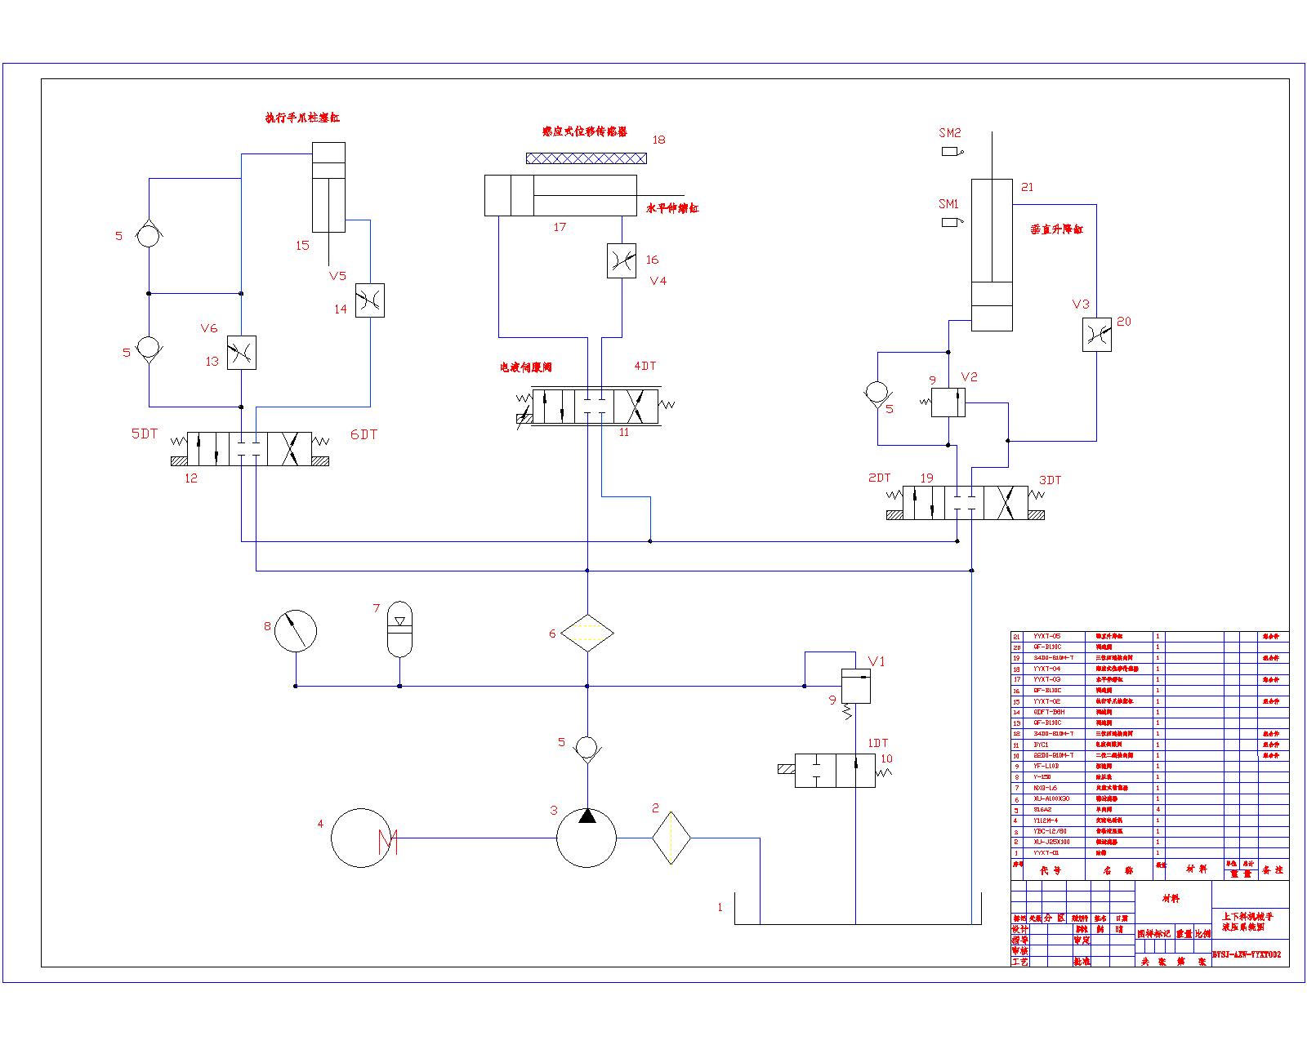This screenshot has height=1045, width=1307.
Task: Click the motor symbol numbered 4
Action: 360,838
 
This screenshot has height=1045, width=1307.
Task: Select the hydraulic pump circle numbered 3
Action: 587,838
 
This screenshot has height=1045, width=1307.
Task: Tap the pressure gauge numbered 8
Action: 295,630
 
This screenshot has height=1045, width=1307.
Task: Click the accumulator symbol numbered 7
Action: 399,629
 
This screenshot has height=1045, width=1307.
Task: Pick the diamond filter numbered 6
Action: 587,633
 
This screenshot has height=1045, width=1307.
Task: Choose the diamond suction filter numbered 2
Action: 671,838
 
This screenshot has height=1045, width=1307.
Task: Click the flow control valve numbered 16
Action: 622,261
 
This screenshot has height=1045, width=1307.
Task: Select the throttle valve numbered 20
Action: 1096,335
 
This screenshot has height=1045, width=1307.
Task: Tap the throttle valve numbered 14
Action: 370,300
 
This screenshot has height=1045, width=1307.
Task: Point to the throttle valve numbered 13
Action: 241,353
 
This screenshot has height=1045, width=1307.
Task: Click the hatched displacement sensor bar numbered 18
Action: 586,158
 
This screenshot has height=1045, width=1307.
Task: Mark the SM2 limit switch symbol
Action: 950,151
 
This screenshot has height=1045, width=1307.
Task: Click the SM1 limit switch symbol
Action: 950,222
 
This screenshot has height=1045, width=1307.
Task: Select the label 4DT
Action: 645,367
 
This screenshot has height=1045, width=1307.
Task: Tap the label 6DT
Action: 364,434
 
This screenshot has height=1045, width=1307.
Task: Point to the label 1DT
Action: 877,744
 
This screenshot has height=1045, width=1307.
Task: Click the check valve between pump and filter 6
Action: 587,746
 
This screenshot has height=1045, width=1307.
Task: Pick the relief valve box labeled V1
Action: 855,686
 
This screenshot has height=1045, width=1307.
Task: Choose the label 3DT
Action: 1050,480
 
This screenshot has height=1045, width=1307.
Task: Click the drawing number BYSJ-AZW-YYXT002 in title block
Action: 1246,954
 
